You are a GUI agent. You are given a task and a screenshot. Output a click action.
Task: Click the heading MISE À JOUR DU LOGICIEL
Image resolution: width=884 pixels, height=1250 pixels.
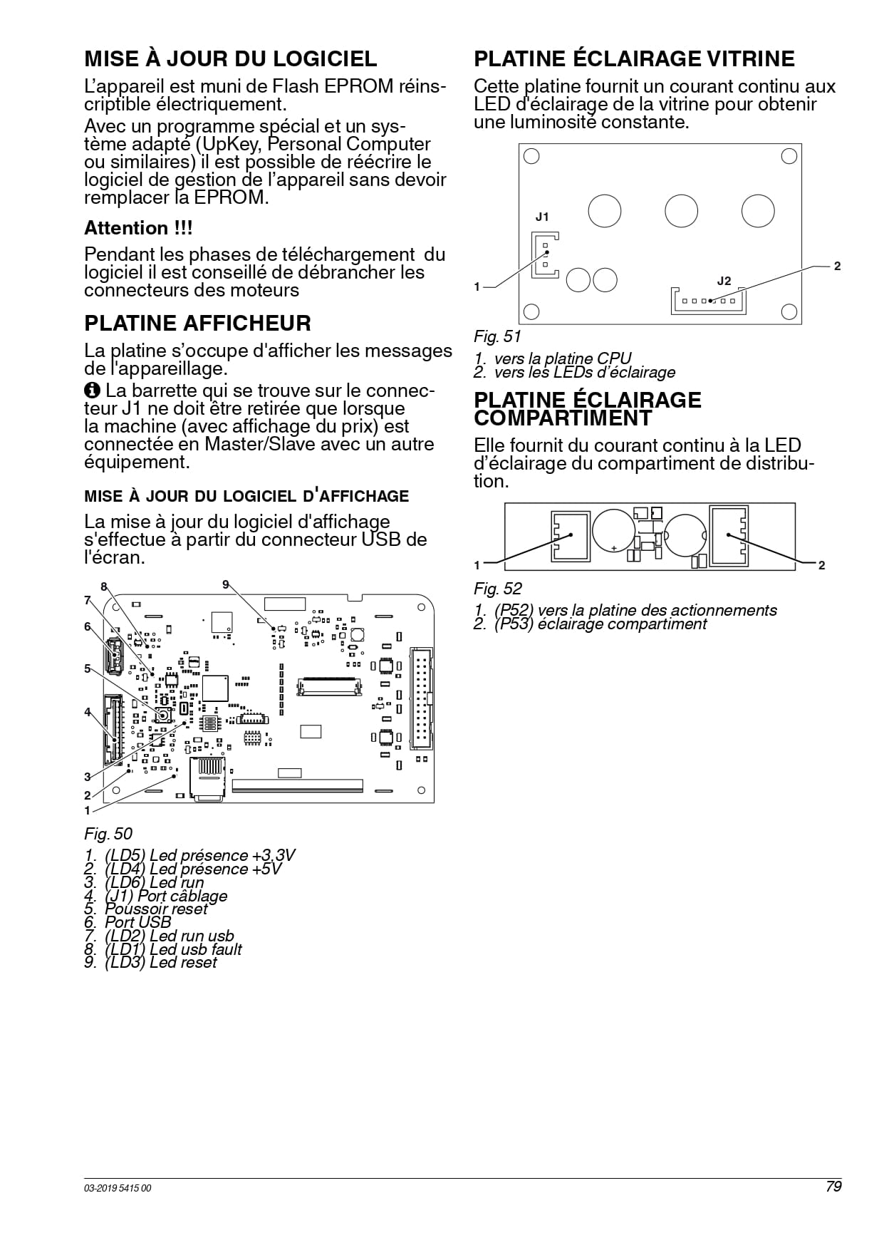point(231,58)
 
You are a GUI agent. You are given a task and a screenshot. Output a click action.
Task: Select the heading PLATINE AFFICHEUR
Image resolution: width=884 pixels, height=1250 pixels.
point(197,323)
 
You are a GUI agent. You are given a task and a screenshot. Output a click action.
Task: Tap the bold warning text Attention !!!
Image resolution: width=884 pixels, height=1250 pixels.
point(138,228)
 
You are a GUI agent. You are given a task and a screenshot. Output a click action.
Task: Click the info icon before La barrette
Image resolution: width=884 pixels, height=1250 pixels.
point(92,391)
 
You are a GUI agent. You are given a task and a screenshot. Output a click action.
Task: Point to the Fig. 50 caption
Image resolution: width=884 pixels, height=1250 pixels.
point(108,834)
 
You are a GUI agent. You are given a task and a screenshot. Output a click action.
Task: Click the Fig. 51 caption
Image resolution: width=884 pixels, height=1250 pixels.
point(498,336)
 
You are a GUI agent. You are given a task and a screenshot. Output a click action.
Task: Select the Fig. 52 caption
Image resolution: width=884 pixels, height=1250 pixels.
point(498,589)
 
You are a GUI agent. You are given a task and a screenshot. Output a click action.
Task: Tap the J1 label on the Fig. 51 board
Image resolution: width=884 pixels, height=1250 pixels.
point(542,217)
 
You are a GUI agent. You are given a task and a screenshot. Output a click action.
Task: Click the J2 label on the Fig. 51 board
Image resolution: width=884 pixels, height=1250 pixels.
point(724,281)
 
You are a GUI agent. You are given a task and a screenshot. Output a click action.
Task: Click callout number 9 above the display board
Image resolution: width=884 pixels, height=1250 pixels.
point(226,584)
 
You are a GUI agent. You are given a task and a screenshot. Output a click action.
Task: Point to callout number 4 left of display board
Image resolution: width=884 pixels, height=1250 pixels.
point(88,712)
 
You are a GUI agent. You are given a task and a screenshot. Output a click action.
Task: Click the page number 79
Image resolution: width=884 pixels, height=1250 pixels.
point(833,1187)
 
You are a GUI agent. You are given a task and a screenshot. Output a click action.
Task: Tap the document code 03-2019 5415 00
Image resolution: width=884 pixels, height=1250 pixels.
point(118,1188)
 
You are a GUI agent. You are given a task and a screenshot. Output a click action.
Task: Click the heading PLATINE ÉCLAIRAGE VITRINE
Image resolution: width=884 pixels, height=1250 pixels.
point(635,58)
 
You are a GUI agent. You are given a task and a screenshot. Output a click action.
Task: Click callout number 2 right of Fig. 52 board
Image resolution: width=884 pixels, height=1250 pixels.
point(821,565)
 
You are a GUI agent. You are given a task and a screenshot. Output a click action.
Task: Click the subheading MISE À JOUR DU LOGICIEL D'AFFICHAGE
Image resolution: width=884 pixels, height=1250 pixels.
point(246,496)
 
